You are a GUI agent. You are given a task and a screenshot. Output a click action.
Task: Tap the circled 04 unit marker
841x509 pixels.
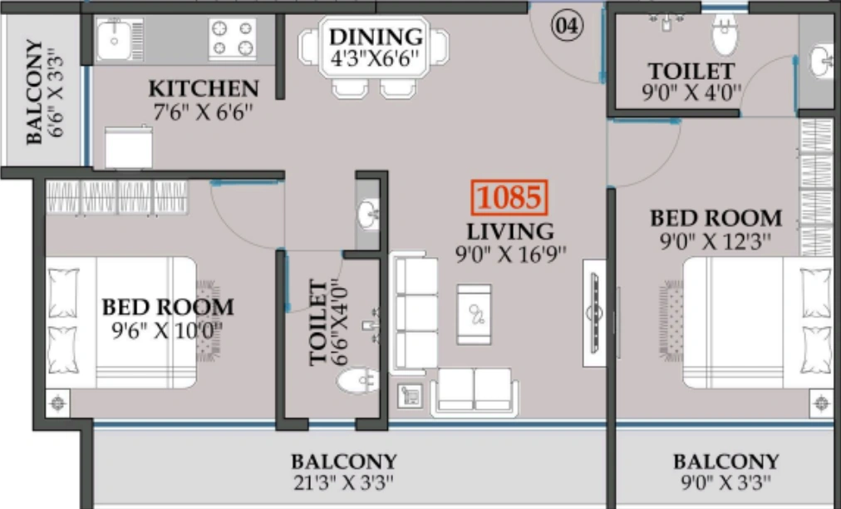[567, 26]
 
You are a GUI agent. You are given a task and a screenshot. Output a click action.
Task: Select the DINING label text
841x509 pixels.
[376, 37]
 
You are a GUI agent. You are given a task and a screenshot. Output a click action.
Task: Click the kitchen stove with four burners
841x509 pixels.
[232, 39]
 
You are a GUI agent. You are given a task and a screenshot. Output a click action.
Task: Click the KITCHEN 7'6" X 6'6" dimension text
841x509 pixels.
[204, 111]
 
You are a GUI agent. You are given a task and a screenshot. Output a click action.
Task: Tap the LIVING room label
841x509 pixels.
[509, 231]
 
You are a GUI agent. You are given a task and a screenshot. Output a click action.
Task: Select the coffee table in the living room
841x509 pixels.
[474, 314]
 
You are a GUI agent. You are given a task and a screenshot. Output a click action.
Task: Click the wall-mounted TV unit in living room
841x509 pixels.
[594, 312]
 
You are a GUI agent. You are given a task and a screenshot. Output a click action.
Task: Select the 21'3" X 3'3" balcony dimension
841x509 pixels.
[343, 482]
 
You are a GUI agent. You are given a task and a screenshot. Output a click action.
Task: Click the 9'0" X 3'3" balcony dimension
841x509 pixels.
[725, 482]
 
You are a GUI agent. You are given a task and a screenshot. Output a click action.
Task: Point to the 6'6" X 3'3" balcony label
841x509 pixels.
[46, 91]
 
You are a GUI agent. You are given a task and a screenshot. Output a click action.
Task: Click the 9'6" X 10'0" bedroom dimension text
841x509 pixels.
[167, 330]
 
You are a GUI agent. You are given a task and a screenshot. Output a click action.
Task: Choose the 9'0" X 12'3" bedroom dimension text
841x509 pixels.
[716, 242]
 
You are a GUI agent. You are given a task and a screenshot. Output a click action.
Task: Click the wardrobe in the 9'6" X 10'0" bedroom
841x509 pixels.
[116, 198]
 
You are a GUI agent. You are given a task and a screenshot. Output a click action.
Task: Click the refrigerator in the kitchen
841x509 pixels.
[128, 147]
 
